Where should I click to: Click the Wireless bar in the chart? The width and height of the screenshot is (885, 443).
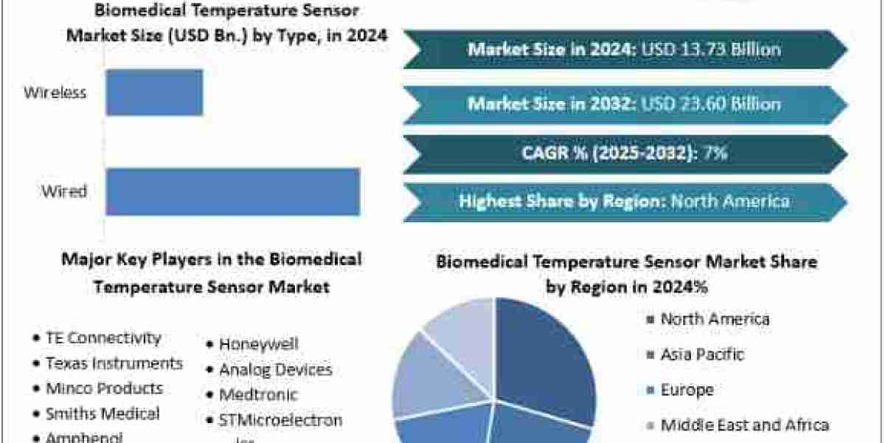point(154,92)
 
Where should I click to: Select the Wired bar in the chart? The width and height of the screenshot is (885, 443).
point(232,192)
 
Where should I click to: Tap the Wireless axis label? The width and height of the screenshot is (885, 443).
point(55,92)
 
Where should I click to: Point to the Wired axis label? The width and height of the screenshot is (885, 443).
point(64,192)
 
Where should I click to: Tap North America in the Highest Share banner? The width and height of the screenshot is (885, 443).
point(729,201)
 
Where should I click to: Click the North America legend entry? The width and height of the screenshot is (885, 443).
point(714,320)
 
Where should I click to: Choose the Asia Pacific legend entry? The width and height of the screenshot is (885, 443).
point(702,354)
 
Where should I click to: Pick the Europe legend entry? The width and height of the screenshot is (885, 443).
point(686,389)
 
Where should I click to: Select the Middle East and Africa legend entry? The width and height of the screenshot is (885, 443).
point(744,425)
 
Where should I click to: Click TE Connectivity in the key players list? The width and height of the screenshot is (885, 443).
point(103,338)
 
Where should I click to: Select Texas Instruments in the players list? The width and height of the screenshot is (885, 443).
point(114,363)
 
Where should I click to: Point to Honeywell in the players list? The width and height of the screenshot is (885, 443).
point(258,344)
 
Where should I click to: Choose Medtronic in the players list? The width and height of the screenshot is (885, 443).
point(258,394)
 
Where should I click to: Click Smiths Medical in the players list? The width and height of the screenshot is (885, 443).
point(102,413)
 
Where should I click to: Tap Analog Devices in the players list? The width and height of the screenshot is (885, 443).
point(275,369)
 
